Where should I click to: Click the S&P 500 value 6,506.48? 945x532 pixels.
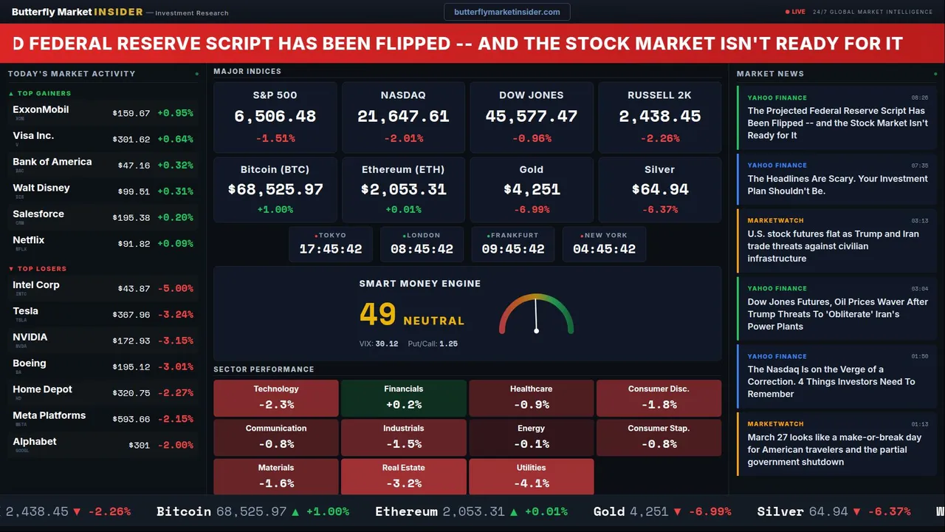(275, 117)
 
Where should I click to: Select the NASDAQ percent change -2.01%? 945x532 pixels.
(403, 138)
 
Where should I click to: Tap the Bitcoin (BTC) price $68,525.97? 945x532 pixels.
(275, 190)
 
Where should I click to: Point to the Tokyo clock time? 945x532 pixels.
(331, 249)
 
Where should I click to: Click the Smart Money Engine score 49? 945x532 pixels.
(378, 315)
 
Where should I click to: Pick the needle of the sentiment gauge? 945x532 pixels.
(536, 316)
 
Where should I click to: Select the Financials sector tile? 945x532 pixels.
(403, 398)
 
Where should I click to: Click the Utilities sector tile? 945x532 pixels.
(531, 477)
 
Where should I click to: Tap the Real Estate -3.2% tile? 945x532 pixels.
(403, 477)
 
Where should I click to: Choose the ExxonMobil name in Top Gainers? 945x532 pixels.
(41, 109)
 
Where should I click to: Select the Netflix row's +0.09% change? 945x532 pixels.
(175, 244)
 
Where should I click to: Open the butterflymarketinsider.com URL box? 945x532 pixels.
(506, 12)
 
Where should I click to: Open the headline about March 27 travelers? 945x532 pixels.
(834, 449)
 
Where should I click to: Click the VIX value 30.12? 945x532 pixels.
(386, 344)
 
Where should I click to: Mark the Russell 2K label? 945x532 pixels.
(659, 95)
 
